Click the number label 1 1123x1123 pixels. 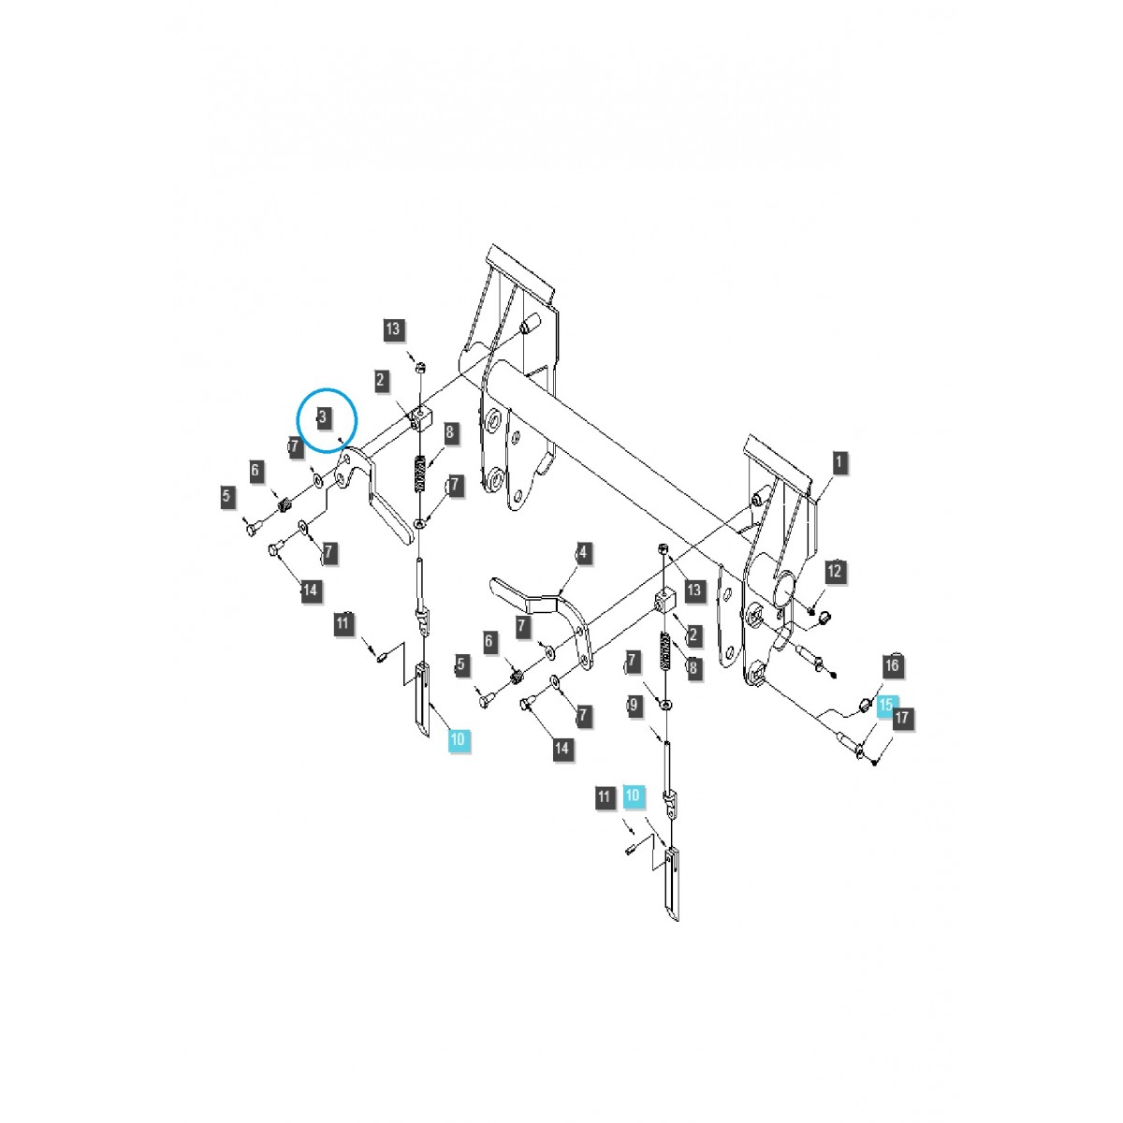pyautogui.click(x=838, y=463)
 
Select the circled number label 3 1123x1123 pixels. pyautogui.click(x=322, y=416)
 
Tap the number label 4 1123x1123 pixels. pyautogui.click(x=583, y=552)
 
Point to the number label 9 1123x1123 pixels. pyautogui.click(x=634, y=706)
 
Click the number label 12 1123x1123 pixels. pyautogui.click(x=835, y=571)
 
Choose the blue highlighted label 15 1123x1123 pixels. pyautogui.click(x=885, y=706)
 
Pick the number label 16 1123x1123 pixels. pyautogui.click(x=892, y=665)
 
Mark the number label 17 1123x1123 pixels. pyautogui.click(x=901, y=718)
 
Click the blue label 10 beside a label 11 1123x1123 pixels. pyautogui.click(x=633, y=795)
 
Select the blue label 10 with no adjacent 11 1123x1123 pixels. pyautogui.click(x=458, y=739)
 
